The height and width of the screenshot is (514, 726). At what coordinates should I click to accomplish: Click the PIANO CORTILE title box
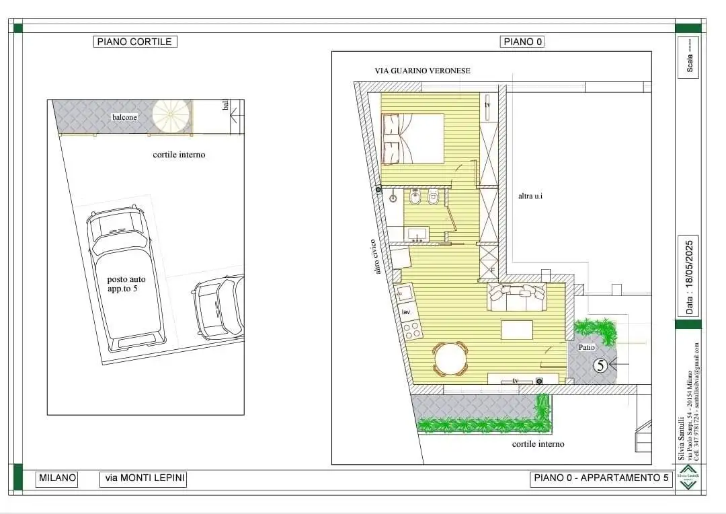point(134,42)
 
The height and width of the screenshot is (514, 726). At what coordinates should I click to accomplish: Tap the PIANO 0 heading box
point(522,42)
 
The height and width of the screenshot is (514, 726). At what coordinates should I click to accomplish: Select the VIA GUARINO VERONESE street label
point(422,71)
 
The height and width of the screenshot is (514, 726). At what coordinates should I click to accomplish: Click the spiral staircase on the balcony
point(171,117)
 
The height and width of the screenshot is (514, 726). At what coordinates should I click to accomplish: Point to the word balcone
point(124,117)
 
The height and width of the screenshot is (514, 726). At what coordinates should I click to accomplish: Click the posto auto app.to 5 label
point(126,284)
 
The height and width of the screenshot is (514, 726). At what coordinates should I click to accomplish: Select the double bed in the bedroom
point(413,139)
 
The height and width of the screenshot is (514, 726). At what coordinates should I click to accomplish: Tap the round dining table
point(450,359)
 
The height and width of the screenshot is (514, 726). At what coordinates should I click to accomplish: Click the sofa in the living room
point(516,297)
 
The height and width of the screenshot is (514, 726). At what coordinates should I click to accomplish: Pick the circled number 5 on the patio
point(601,365)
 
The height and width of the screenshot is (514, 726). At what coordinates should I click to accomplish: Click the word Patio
point(587,347)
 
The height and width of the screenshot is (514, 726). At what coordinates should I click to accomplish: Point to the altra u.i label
point(530,196)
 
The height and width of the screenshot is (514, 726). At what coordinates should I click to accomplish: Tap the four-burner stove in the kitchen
point(411,330)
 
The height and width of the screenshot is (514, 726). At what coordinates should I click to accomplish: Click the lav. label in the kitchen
point(406,312)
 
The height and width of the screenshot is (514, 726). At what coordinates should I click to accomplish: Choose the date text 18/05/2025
point(689,276)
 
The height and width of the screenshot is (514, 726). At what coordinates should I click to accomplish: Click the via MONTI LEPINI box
point(143,478)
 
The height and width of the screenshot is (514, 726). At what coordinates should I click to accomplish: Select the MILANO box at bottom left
point(57,478)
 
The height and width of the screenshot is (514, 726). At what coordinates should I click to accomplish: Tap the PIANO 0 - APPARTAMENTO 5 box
point(601,478)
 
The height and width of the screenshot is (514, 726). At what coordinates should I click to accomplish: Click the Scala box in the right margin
point(689,58)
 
